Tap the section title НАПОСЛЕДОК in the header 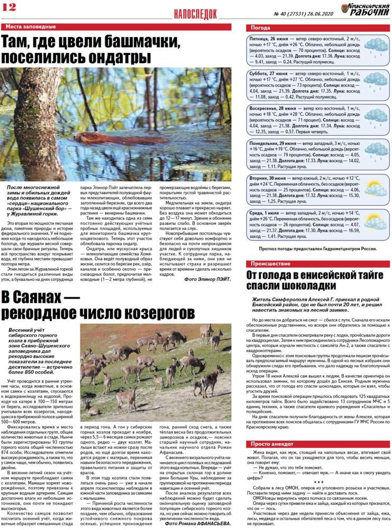click(x=195, y=13)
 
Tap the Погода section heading click(x=261, y=28)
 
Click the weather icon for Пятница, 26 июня click(x=376, y=47)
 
